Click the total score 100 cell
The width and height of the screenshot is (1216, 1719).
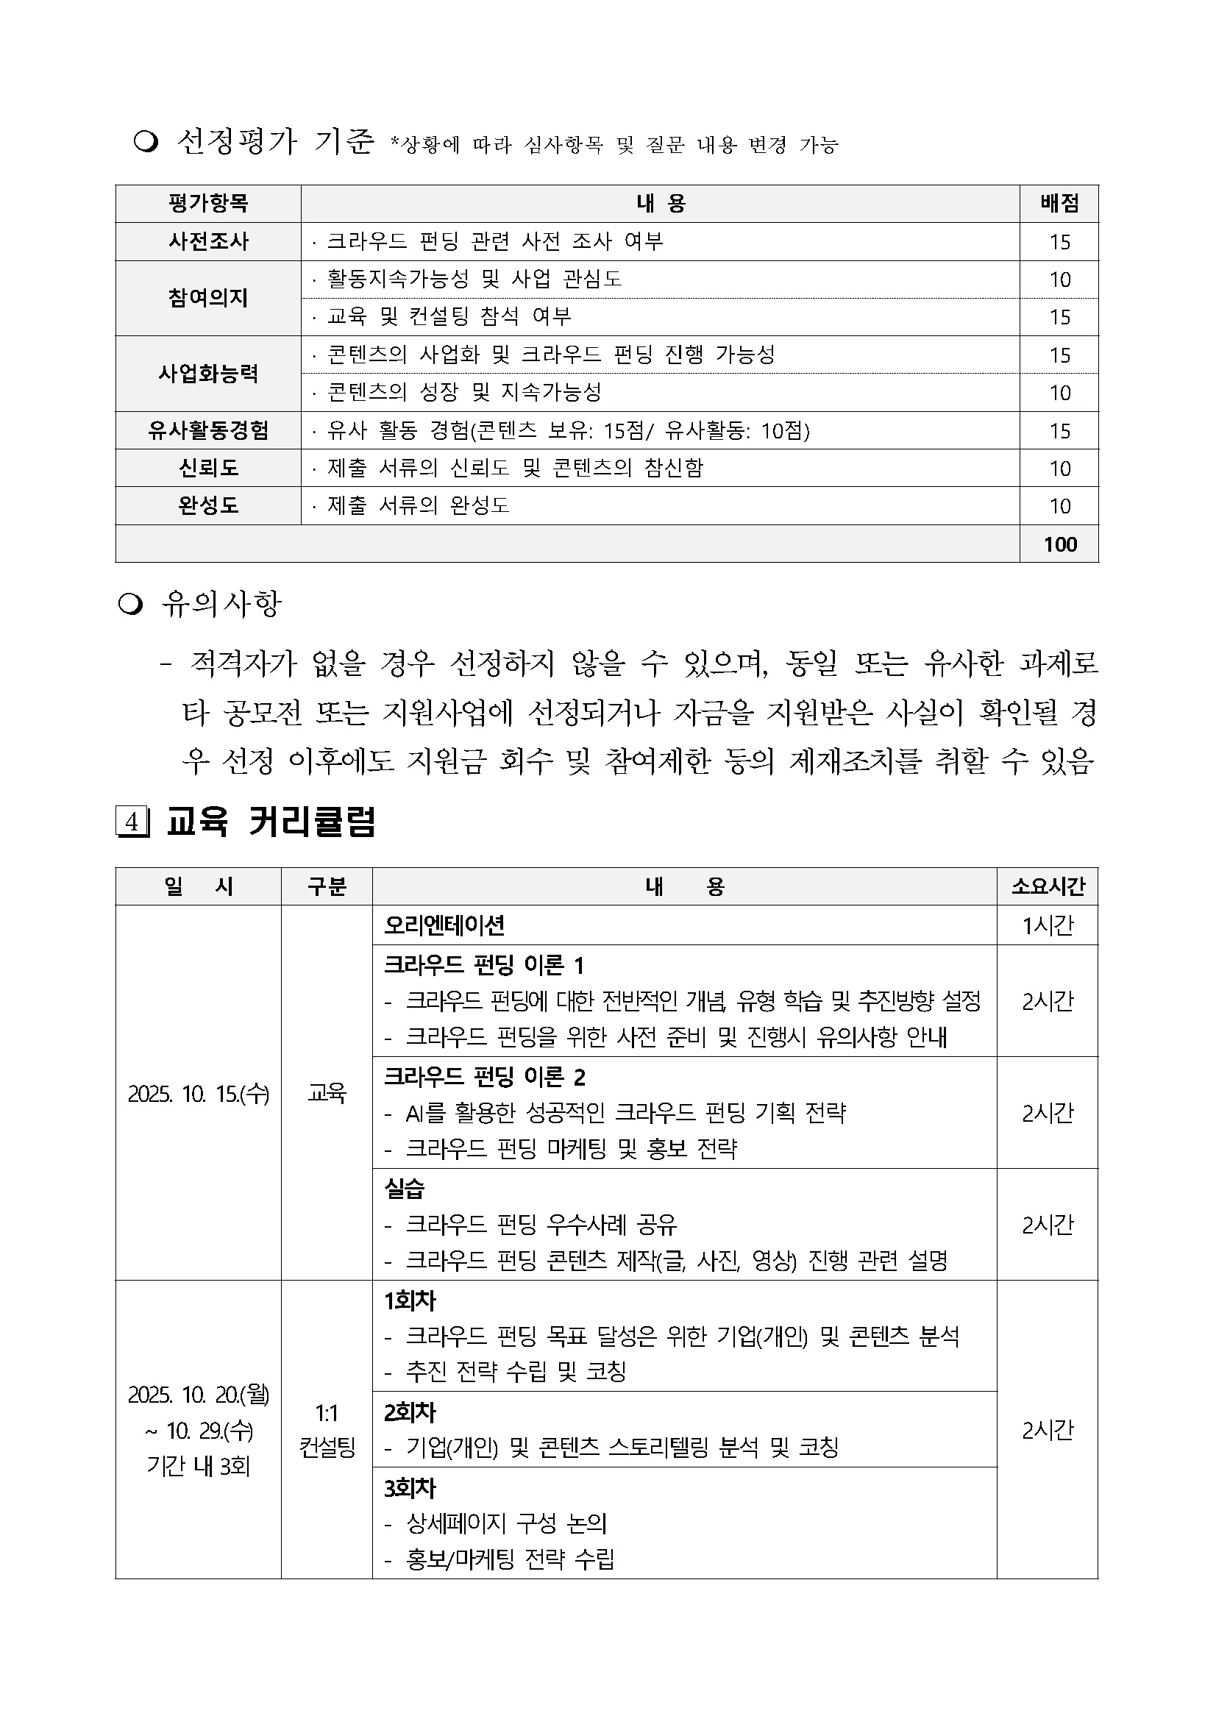click(x=1059, y=544)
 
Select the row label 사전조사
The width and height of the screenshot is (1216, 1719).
click(x=208, y=241)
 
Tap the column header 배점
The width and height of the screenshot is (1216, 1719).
click(x=1059, y=203)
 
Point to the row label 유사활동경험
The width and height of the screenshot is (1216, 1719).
click(x=208, y=430)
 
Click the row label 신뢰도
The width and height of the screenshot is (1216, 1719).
click(x=208, y=468)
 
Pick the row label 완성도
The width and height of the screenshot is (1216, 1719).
click(x=208, y=505)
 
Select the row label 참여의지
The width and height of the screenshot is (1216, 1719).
click(x=208, y=298)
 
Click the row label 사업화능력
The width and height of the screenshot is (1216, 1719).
click(x=208, y=374)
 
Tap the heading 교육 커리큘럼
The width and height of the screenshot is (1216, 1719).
click(x=270, y=822)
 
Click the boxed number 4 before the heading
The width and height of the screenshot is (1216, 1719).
click(x=132, y=822)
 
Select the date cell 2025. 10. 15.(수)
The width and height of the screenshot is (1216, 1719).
click(x=199, y=1094)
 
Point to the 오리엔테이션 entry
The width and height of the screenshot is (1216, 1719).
click(x=444, y=925)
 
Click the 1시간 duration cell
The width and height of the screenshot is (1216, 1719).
click(x=1048, y=925)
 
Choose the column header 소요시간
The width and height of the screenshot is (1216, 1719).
click(x=1048, y=886)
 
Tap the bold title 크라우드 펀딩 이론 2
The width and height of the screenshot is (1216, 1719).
click(x=485, y=1077)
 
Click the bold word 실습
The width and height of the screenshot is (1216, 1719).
click(x=405, y=1188)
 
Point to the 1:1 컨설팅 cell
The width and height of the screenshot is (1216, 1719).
click(x=327, y=1429)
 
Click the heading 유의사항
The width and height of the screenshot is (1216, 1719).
click(x=221, y=603)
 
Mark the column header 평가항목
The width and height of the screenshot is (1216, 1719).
click(x=208, y=203)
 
